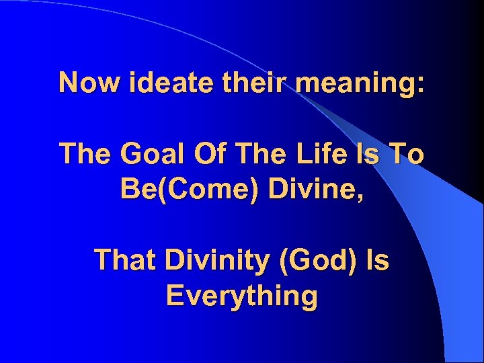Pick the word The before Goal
[x=85, y=154]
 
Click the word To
[x=409, y=154]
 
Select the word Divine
[x=307, y=189]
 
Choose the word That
[x=124, y=259]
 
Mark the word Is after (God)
[x=376, y=259]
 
